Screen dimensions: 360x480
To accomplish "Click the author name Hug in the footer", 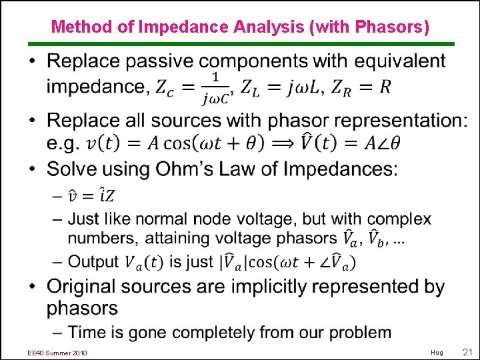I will click(x=437, y=352).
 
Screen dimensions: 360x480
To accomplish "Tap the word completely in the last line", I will click(x=218, y=331).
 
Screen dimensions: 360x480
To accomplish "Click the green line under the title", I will click(x=240, y=44).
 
